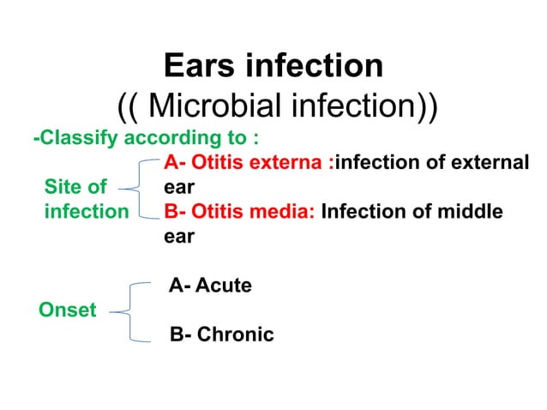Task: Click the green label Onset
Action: [x=68, y=310]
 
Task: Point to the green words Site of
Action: [x=75, y=185]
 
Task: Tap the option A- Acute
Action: [x=210, y=286]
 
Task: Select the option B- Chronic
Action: [x=221, y=334]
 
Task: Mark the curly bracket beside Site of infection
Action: [x=137, y=186]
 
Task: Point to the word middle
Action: [x=467, y=210]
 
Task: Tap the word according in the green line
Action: [x=181, y=138]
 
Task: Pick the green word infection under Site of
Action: [x=86, y=210]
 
